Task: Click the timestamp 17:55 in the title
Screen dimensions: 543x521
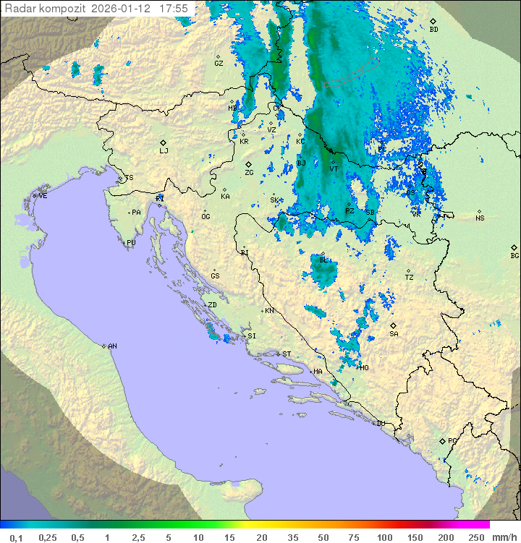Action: pos(174,9)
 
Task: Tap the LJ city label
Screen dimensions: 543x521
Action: pos(164,151)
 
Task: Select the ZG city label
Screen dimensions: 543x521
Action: pos(249,173)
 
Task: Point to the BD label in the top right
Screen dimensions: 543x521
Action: pos(433,30)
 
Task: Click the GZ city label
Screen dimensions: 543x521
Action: pos(219,64)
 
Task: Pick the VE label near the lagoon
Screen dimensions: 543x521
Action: pos(43,196)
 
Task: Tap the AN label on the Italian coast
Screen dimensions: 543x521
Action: pos(112,346)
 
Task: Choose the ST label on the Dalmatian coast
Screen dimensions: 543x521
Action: pos(287,354)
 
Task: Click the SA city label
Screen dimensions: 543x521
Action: pos(394,334)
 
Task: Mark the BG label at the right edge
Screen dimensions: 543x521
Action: pos(514,256)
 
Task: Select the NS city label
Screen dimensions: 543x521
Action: pos(480,218)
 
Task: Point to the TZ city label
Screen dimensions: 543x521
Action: pos(410,278)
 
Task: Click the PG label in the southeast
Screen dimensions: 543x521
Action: pos(452,440)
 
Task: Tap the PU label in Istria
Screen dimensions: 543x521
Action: pos(131,243)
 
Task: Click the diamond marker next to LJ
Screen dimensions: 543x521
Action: pos(164,142)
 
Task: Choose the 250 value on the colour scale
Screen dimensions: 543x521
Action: pos(475,537)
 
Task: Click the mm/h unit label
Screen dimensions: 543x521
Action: pos(504,537)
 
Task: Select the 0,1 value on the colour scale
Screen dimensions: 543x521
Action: pos(16,537)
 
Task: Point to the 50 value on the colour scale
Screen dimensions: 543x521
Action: pos(323,537)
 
